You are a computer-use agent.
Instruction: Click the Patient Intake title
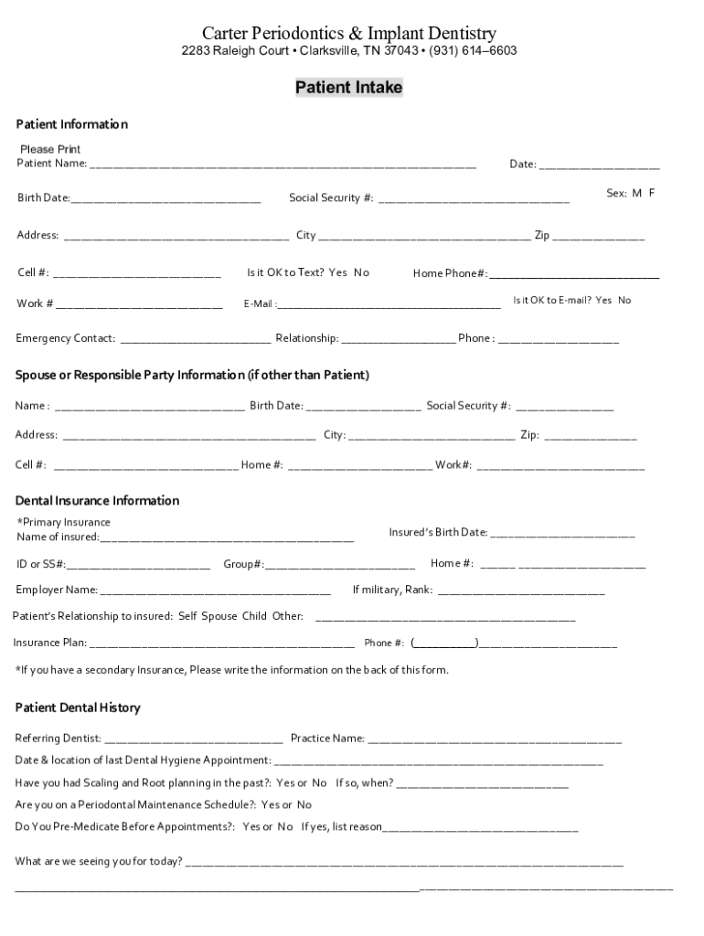pos(348,88)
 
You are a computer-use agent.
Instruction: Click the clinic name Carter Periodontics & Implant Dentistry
pos(349,33)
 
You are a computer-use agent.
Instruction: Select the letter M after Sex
pos(636,194)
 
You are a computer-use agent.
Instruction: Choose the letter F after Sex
pos(652,194)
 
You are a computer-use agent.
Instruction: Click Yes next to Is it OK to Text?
pos(338,272)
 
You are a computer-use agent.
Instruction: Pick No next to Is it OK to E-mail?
pos(624,300)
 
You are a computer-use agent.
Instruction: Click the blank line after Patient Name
pos(283,165)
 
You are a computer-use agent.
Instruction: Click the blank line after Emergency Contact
pos(196,340)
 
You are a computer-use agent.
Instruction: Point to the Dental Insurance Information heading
pos(97,501)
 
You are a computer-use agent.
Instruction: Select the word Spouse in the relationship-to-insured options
pos(219,616)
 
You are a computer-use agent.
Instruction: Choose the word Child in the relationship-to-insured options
pos(254,616)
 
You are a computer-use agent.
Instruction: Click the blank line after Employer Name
pos(216,591)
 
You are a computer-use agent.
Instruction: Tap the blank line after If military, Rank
pos(521,591)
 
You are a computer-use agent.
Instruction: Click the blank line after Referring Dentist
pos(195,739)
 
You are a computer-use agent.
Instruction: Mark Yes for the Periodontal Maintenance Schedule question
pos(270,805)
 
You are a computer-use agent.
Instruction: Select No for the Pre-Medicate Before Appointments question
pos(285,827)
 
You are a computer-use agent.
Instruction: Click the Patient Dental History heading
pos(78,708)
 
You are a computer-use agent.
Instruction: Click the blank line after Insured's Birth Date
pos(562,534)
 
